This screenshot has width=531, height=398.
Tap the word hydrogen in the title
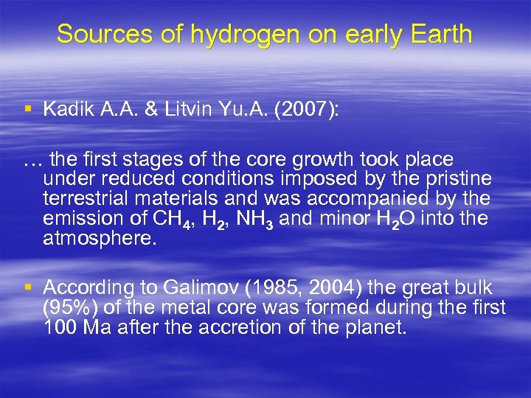tap(223, 34)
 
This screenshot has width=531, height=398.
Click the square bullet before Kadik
tap(28, 110)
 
